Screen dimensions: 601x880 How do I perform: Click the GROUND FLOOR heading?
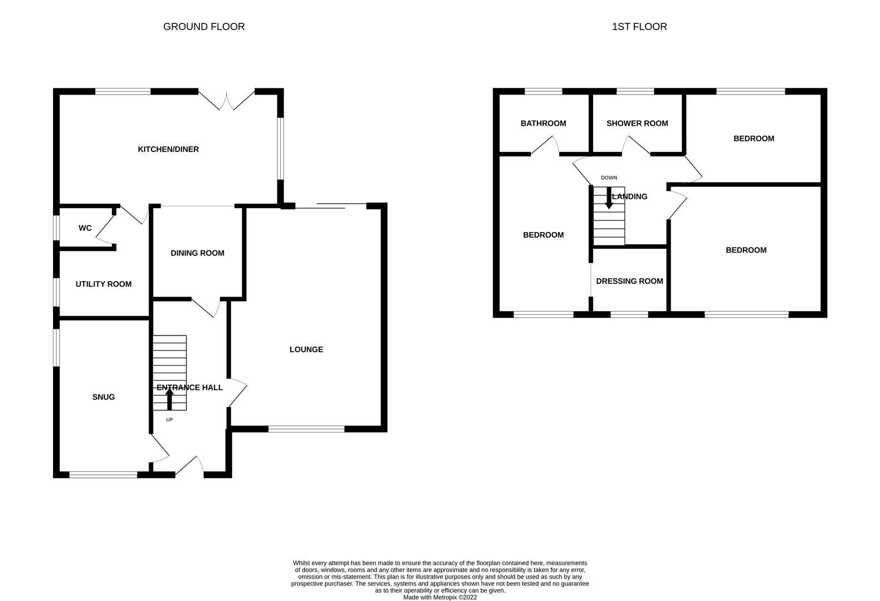(204, 27)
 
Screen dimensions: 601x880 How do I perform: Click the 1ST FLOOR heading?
(639, 27)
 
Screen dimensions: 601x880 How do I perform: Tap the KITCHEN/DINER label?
(168, 149)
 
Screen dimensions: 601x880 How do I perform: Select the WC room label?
(85, 228)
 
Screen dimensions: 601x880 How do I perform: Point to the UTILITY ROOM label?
(104, 284)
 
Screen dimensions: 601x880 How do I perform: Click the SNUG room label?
(104, 397)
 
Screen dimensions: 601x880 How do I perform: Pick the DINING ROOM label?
(197, 253)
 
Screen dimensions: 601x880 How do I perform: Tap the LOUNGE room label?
(306, 349)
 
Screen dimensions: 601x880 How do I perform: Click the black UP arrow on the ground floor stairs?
(169, 399)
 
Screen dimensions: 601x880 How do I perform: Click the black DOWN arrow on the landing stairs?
(609, 199)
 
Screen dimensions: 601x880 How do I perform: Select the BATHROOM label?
(543, 124)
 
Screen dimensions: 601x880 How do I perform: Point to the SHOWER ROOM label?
(637, 124)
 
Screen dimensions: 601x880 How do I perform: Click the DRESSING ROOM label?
(629, 281)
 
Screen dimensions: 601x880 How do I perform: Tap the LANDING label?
(630, 196)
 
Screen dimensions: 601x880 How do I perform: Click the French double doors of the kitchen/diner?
(227, 99)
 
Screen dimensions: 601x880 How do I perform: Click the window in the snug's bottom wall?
(103, 475)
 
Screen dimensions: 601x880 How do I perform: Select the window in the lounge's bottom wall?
(306, 428)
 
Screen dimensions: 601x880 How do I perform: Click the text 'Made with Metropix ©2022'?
(439, 597)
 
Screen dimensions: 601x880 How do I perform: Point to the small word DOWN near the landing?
(609, 178)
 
